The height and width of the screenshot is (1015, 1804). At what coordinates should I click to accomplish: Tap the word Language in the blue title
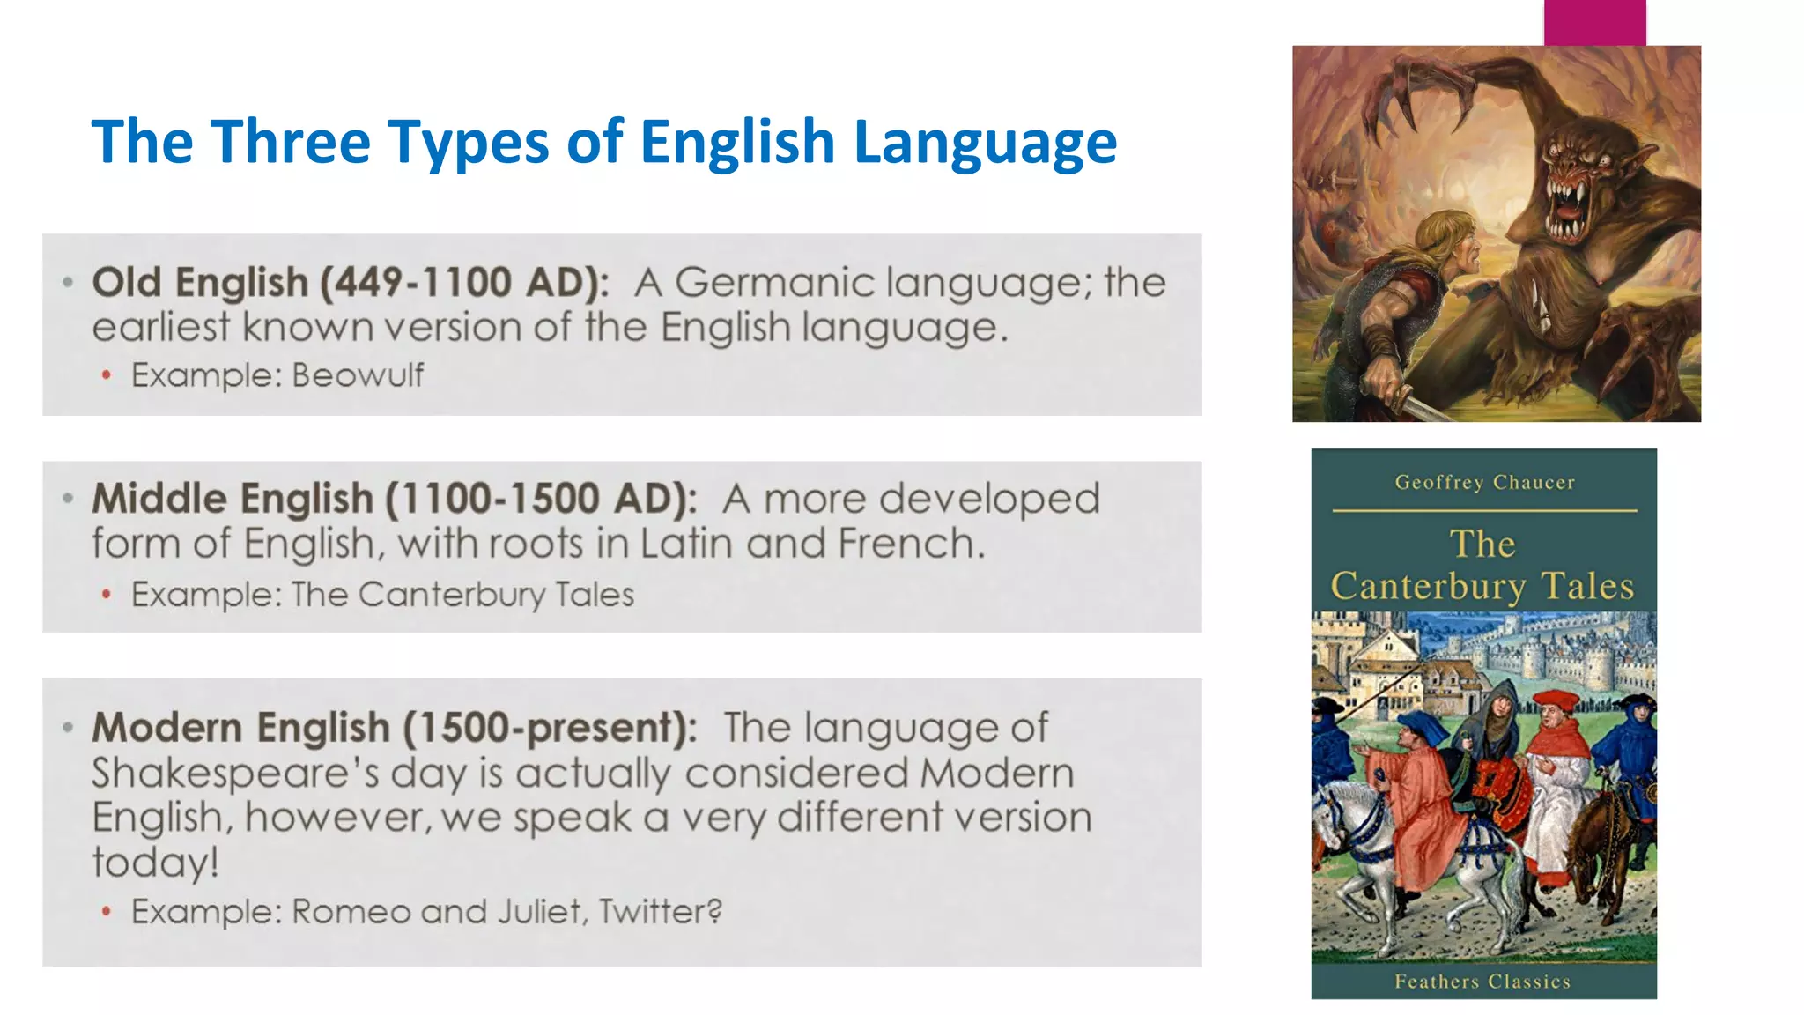pos(985,143)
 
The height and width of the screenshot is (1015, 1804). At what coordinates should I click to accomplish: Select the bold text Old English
pos(200,283)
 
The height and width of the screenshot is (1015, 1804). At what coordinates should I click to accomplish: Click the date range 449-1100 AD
pos(464,283)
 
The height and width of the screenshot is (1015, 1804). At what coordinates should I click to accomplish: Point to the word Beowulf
pos(358,375)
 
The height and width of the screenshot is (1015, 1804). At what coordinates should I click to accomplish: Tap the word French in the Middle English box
pos(909,544)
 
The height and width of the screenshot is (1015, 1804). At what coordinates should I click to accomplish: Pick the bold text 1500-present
pos(550,728)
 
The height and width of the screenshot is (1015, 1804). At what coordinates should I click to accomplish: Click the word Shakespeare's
pos(235,774)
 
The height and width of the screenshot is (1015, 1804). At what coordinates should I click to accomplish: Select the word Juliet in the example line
pos(540,911)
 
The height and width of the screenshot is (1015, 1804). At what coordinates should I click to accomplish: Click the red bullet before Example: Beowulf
pos(107,376)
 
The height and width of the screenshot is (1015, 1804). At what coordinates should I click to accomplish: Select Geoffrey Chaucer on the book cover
pos(1484,482)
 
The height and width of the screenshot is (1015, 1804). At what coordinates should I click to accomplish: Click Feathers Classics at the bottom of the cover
pos(1482,982)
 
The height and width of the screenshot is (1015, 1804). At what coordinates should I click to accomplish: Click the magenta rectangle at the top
pos(1594,22)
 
